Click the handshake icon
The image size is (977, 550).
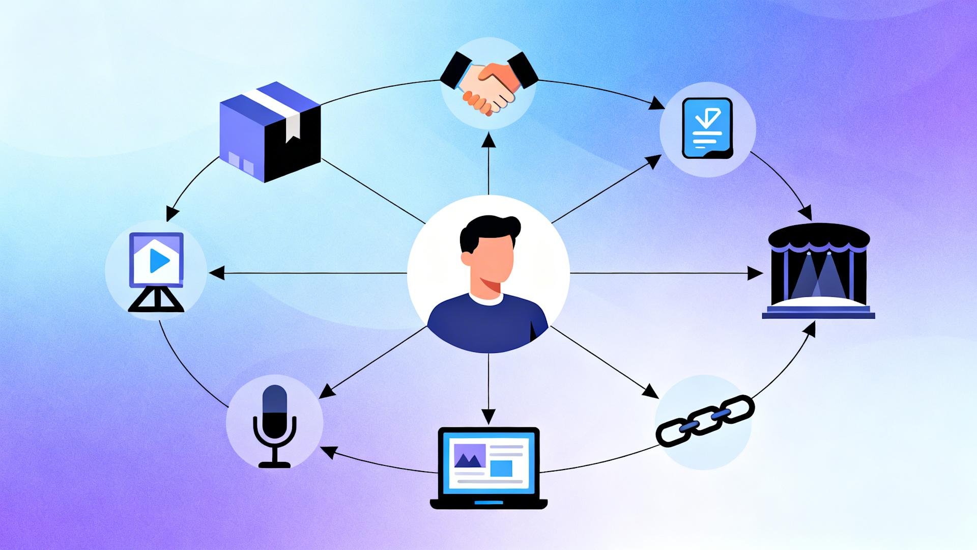(489, 81)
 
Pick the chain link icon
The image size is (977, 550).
(705, 421)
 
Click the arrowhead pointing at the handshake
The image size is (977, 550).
(489, 138)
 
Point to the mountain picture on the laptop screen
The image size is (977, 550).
(469, 456)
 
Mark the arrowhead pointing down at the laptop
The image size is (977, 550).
(489, 417)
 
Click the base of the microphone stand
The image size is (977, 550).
(274, 464)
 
